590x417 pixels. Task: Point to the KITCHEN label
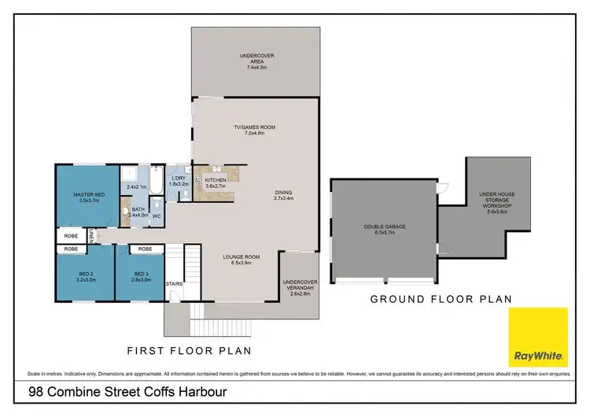point(216,180)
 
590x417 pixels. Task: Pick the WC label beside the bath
point(156,216)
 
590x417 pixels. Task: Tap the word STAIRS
point(174,283)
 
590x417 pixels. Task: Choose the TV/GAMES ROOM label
point(256,127)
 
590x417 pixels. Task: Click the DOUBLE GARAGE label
point(385,227)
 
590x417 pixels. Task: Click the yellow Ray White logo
point(539,338)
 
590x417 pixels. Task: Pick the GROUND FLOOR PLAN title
point(441,299)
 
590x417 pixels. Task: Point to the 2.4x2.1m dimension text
point(137,186)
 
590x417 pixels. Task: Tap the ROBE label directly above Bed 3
point(144,249)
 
